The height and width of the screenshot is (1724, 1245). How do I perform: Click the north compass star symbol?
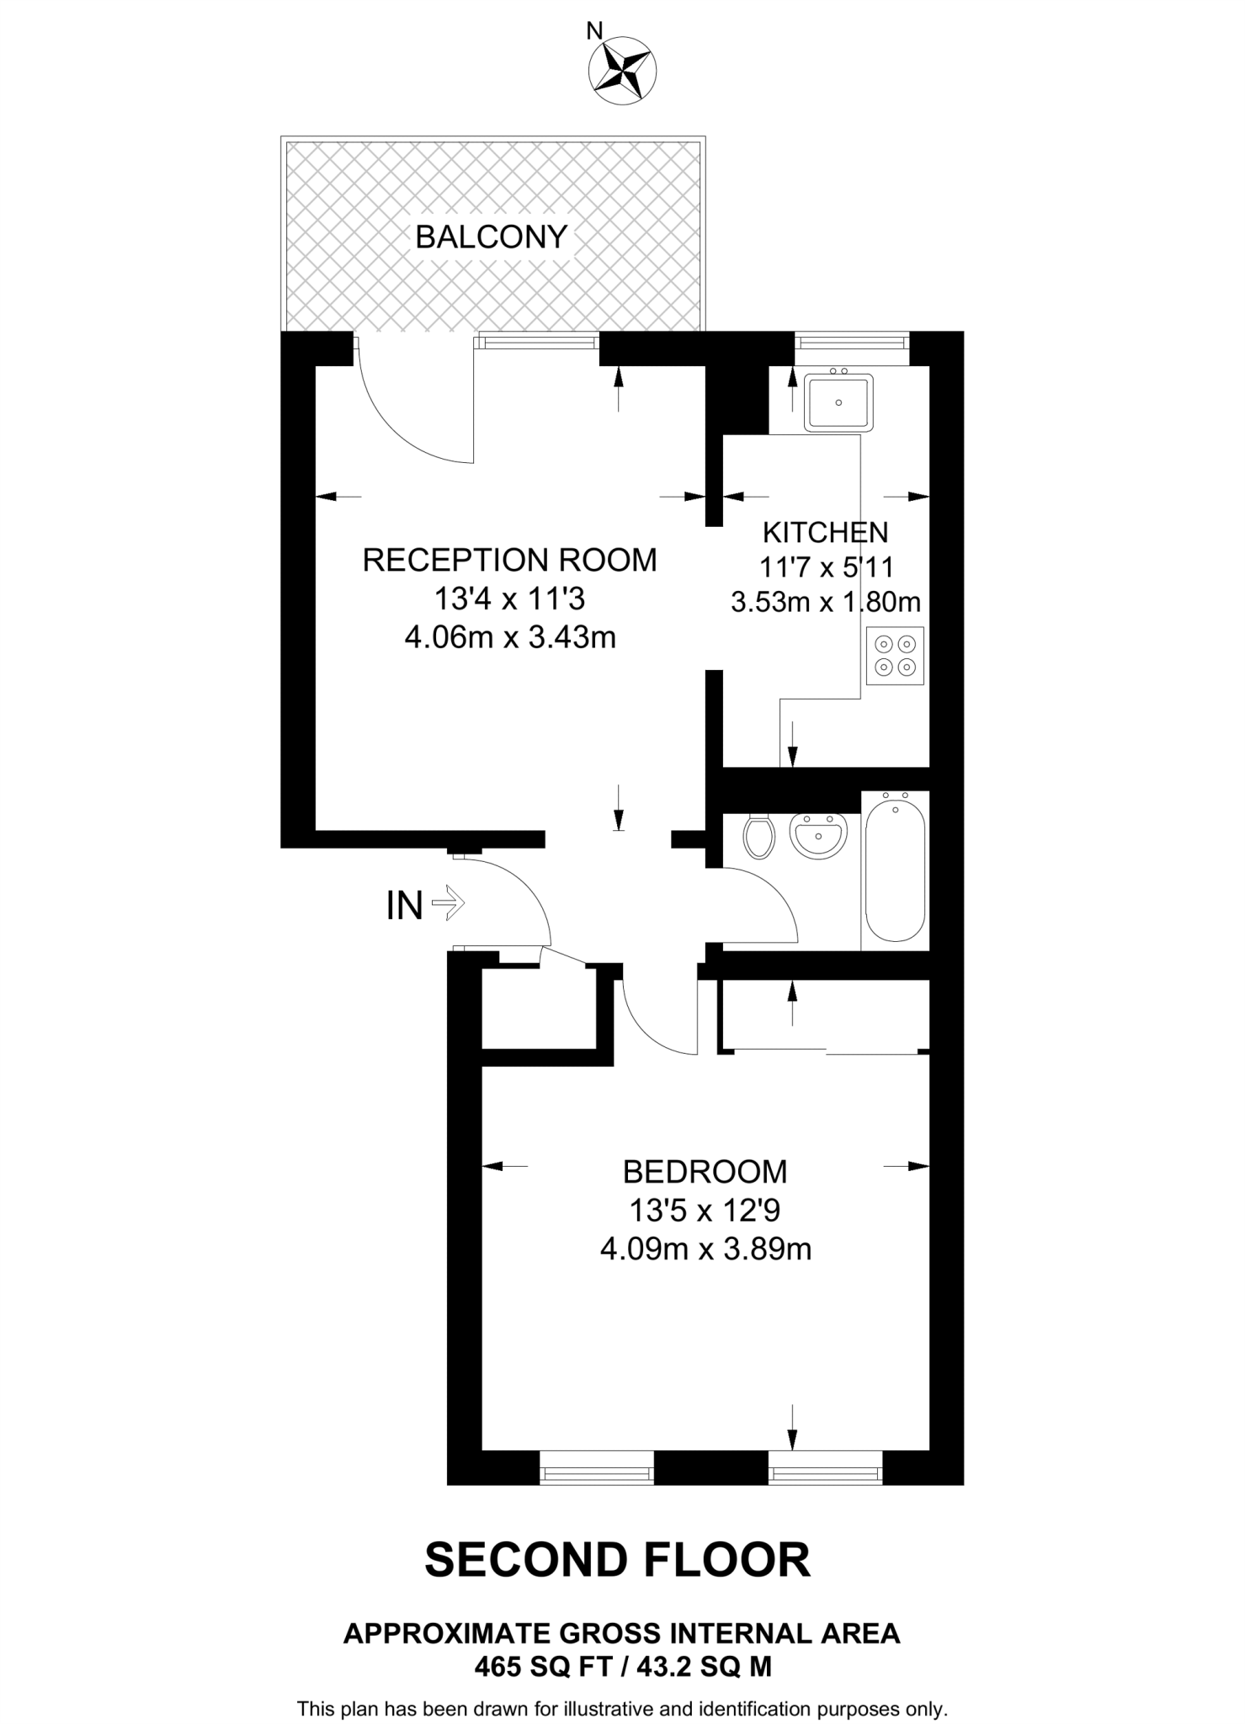tap(623, 72)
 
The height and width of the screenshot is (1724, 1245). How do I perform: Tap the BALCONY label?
tap(492, 237)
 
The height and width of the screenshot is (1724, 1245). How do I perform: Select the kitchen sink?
tap(838, 402)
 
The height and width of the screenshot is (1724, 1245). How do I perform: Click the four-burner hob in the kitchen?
tap(895, 656)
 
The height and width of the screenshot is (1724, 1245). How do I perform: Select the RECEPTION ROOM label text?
tap(509, 560)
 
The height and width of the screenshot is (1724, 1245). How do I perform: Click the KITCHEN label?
tap(825, 532)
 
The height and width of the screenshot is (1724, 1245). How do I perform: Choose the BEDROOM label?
tap(705, 1171)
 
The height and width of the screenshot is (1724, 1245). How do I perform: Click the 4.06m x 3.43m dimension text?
tap(510, 637)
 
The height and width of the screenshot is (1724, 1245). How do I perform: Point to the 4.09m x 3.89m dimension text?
tap(705, 1248)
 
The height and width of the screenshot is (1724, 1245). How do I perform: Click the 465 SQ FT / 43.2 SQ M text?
tap(622, 1665)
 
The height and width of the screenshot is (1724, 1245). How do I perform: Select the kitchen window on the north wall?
tap(852, 342)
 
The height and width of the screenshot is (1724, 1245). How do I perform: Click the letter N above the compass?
tap(594, 32)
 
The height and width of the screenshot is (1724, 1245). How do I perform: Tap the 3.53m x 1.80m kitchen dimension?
tap(825, 602)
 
